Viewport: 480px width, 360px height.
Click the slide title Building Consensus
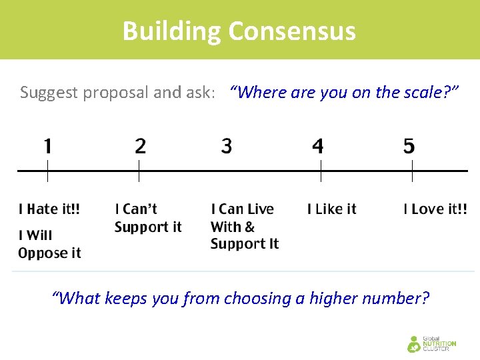pos(239,31)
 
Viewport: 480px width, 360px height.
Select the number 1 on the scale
pos(47,146)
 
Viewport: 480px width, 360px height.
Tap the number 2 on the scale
pos(140,146)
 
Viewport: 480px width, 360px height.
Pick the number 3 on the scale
pos(227,146)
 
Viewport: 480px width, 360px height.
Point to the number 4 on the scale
pos(318,146)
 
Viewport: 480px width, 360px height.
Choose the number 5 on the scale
pos(409,146)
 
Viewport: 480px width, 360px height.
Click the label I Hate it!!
pos(49,209)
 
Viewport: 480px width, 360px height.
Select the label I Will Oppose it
pos(49,244)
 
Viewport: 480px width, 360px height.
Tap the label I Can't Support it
pos(148,218)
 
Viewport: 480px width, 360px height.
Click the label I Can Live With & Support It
pos(244,227)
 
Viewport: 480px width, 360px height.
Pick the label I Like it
pos(332,209)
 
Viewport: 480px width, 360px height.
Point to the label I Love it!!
pos(435,209)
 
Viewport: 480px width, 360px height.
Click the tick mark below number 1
pos(47,175)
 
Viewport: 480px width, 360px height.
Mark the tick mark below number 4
pos(321,175)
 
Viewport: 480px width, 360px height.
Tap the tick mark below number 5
pos(412,175)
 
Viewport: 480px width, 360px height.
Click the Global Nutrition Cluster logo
pos(431,343)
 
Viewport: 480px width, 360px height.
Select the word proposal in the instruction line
pos(118,93)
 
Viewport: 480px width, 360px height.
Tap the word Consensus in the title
pos(292,31)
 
